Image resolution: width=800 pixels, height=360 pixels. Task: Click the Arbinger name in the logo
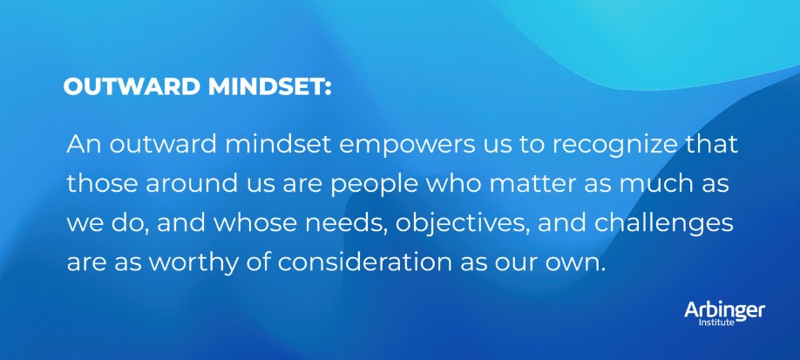[724, 310]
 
